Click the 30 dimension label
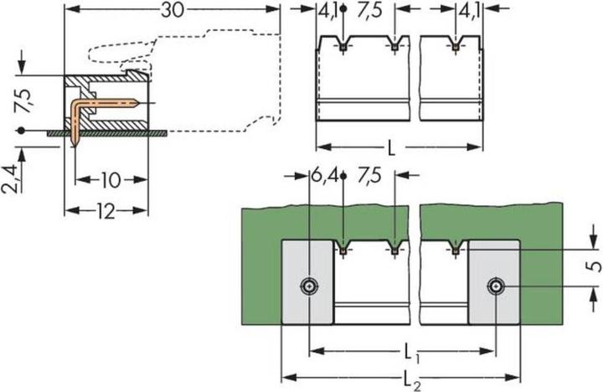coord(172,10)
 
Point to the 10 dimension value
coord(110,178)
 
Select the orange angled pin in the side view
coord(100,102)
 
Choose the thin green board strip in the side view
coord(117,132)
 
